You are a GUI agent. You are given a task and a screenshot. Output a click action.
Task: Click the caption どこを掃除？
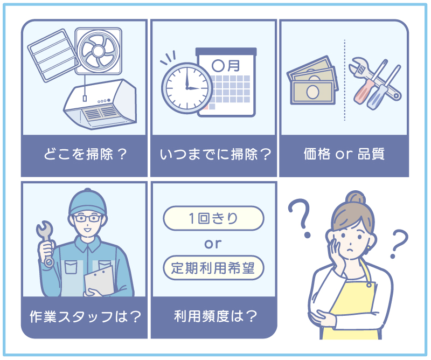point(85,155)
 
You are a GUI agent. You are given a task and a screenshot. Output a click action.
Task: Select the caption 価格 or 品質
point(344,155)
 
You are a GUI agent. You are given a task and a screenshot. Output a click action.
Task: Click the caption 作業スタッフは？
point(85,316)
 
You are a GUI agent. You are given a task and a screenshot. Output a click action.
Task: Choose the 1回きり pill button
point(213,219)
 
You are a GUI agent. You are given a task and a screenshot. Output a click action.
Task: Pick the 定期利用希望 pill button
point(213,267)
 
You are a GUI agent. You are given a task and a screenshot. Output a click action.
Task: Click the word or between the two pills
point(213,243)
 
